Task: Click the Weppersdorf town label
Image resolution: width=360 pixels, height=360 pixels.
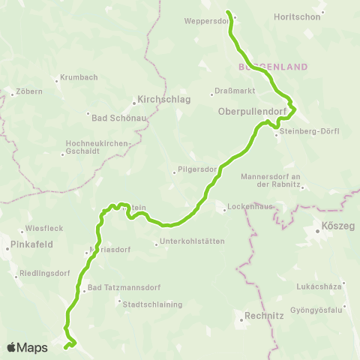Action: pyautogui.click(x=205, y=21)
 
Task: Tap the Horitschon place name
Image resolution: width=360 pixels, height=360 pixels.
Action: pyautogui.click(x=297, y=16)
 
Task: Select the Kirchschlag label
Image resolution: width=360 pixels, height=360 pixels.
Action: pyautogui.click(x=164, y=99)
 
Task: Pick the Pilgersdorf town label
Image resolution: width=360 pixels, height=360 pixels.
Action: pyautogui.click(x=198, y=170)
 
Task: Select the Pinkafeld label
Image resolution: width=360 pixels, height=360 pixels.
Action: pyautogui.click(x=28, y=245)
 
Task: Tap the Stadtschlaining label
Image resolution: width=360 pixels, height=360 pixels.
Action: pyautogui.click(x=146, y=303)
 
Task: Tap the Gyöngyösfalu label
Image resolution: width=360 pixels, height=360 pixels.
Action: pyautogui.click(x=327, y=309)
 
